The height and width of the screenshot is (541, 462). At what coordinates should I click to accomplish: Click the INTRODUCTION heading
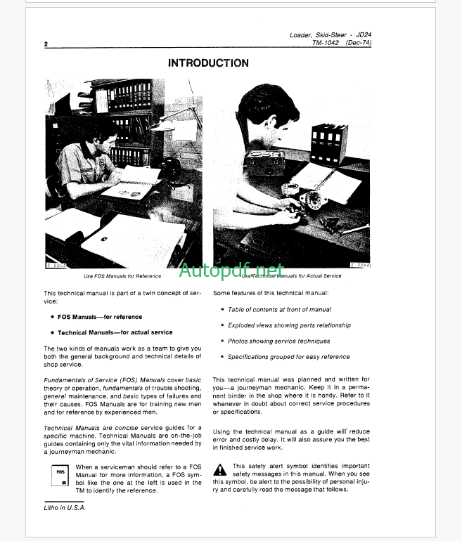(x=208, y=63)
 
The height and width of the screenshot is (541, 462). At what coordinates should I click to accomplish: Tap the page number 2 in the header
(x=46, y=44)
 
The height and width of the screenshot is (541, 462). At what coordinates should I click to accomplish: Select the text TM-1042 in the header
(x=326, y=43)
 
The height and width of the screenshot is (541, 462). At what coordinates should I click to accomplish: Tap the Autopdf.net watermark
(x=231, y=270)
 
